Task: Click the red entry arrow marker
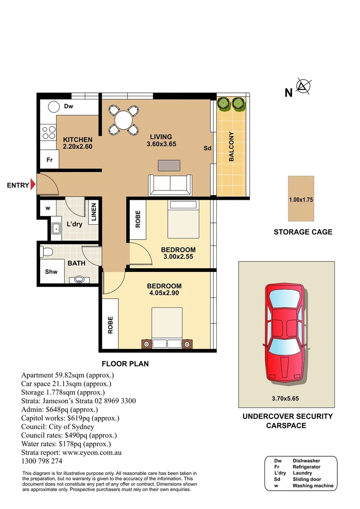[33, 185]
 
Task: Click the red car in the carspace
[284, 332]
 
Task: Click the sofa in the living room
[170, 185]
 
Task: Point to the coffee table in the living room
[169, 165]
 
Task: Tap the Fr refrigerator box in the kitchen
[49, 160]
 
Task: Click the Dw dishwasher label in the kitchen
[69, 107]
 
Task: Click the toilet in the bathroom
[47, 251]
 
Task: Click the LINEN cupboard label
[94, 212]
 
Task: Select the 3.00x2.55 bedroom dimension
[178, 257]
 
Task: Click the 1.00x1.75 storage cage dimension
[301, 200]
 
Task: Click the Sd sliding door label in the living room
[207, 148]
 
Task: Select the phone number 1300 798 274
[42, 461]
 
